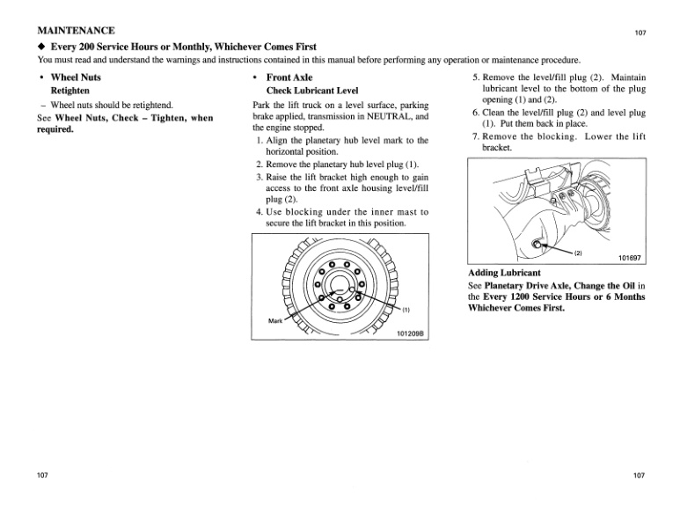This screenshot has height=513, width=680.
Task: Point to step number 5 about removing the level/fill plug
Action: [476, 77]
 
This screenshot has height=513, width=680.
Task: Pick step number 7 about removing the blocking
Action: [476, 137]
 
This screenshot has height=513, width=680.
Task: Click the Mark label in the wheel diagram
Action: [277, 319]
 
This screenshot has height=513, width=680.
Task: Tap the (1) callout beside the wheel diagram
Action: [406, 310]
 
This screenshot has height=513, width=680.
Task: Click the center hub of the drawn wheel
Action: [339, 287]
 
